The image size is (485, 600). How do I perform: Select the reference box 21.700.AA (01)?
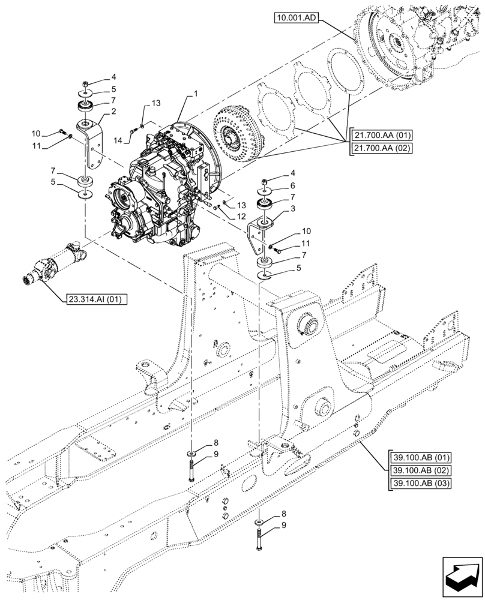[380, 136]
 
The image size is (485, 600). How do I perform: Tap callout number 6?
[292, 186]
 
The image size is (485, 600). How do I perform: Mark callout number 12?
[240, 216]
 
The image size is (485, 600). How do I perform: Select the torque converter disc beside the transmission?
[236, 134]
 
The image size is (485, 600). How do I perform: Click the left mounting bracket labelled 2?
[91, 147]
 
